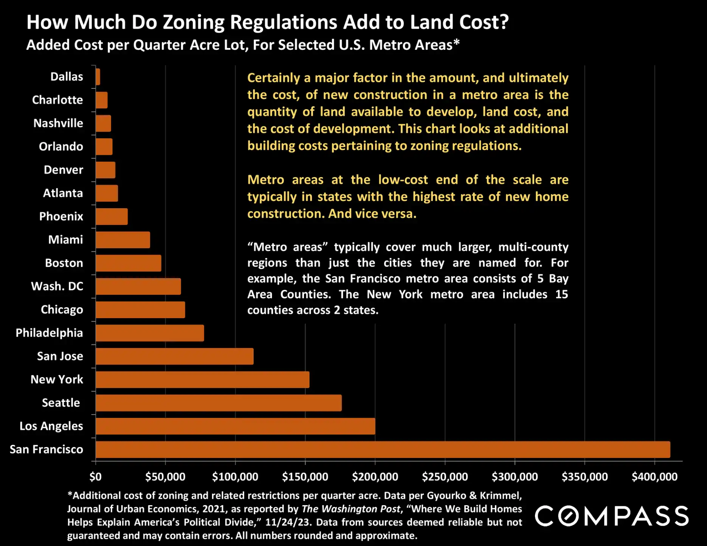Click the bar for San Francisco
point(383,449)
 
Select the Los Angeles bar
point(235,426)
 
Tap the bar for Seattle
point(219,403)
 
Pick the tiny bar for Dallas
point(98,77)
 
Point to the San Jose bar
point(174,356)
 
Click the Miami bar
point(123,240)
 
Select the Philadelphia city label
point(49,333)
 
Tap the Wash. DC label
point(57,286)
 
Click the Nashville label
point(58,123)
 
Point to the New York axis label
point(57,379)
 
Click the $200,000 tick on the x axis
point(375,477)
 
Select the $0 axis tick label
point(96,477)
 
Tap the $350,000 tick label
point(585,477)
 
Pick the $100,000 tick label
point(235,477)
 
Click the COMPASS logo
point(611,516)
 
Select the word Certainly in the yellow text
point(273,78)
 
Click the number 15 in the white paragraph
point(561,294)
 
